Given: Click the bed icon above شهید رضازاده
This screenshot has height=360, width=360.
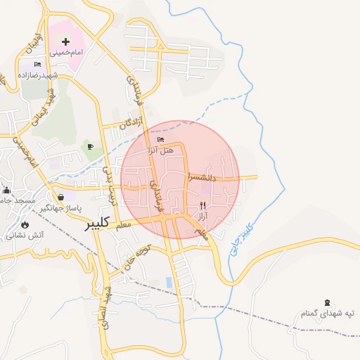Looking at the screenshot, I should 38,65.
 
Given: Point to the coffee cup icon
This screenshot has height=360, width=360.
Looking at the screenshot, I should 90,146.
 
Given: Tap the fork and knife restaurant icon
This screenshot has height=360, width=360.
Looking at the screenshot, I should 203,206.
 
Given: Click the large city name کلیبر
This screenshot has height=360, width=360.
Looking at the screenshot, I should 97,224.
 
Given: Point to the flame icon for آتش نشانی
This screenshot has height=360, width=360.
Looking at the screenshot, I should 25,225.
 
